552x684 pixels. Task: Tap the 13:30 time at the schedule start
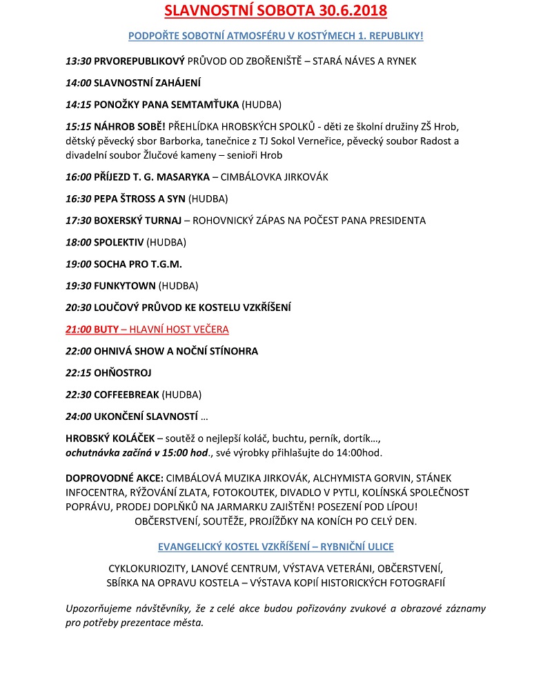(78, 61)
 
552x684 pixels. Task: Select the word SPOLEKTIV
(119, 242)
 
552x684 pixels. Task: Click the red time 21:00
(78, 330)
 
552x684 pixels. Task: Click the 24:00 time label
(78, 416)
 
